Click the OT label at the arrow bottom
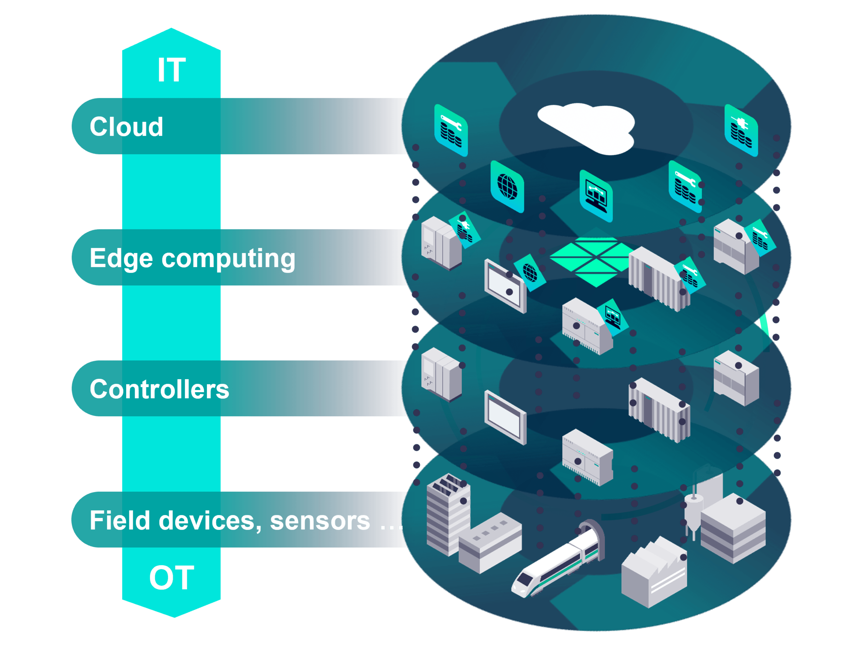click(172, 577)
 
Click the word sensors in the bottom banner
click(320, 521)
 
